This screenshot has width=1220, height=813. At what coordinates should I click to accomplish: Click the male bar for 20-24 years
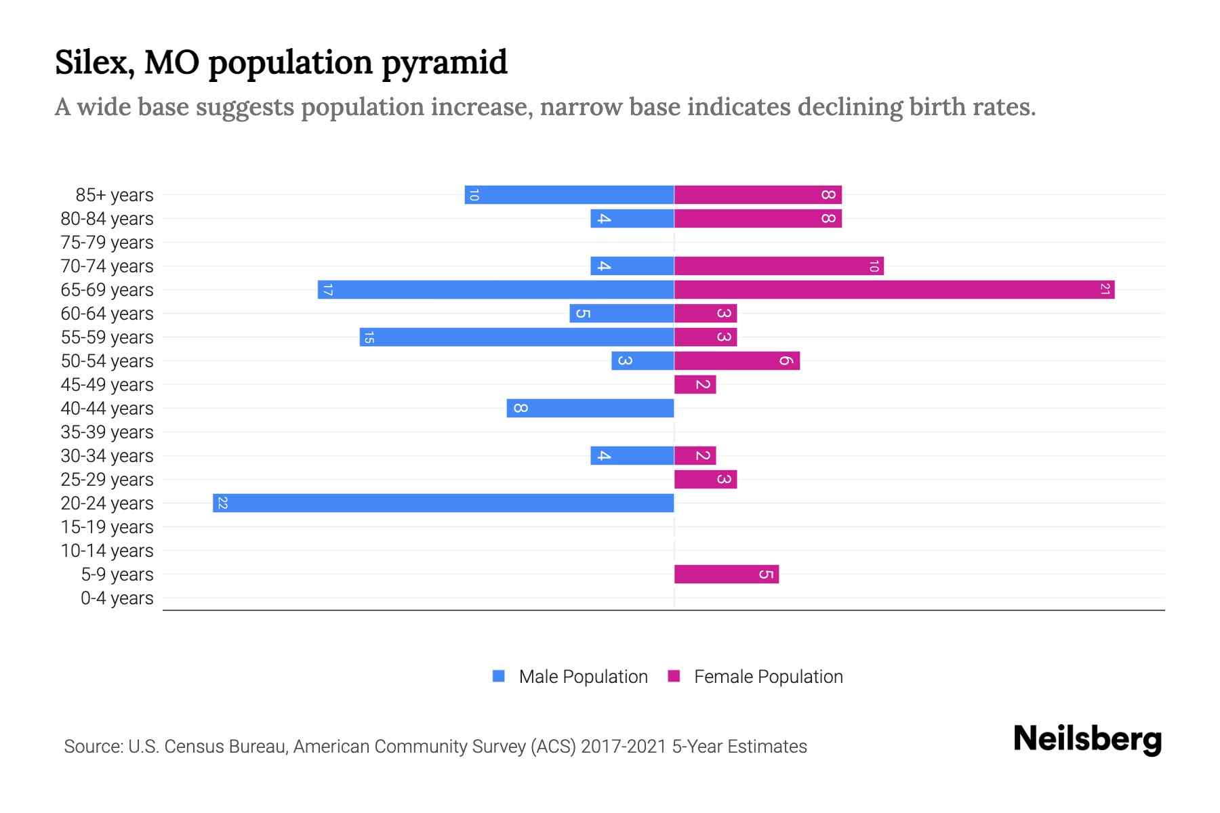[443, 503]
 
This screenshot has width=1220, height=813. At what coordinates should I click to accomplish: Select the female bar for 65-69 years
[894, 290]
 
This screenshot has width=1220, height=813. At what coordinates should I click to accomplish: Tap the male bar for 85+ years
[569, 195]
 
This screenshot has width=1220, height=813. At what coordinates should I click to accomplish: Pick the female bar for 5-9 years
[726, 575]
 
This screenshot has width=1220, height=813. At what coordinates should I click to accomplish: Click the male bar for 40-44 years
[590, 409]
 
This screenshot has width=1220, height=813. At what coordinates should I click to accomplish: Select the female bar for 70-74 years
[779, 266]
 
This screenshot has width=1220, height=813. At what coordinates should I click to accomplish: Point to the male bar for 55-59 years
[516, 337]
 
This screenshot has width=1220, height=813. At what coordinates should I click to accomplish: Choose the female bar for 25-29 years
[705, 480]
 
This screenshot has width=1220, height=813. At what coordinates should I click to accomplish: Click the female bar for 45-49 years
[695, 385]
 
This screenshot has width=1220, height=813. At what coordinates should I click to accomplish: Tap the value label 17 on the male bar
[327, 290]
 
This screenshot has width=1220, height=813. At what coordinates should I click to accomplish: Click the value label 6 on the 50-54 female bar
[786, 361]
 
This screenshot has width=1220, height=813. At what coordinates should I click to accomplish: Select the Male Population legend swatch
[499, 676]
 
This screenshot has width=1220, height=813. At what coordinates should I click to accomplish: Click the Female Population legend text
[768, 677]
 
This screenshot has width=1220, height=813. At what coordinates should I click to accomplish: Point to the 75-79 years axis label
[107, 243]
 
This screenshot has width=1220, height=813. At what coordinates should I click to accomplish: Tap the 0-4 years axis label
[117, 598]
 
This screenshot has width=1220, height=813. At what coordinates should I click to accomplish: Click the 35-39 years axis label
[107, 432]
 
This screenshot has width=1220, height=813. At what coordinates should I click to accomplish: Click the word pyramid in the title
[444, 63]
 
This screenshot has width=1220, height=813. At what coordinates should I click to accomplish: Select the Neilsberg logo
[1087, 739]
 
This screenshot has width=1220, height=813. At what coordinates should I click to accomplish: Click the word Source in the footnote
[92, 747]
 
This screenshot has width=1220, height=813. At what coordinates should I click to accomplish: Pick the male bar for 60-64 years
[622, 314]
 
